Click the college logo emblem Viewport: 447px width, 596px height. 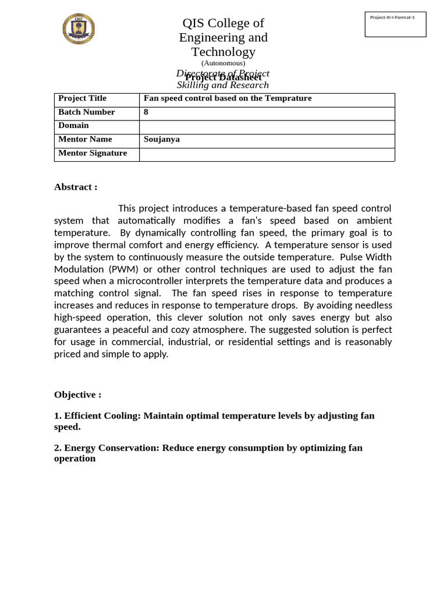tap(79, 29)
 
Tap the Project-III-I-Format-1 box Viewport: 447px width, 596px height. tap(395, 24)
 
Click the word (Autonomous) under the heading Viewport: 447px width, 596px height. tap(223, 63)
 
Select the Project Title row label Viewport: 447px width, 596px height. tap(82, 98)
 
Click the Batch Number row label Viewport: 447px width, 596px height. tap(86, 112)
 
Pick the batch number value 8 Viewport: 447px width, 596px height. tap(146, 112)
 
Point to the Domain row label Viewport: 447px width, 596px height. tap(73, 125)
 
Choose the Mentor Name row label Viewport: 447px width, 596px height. tap(85, 139)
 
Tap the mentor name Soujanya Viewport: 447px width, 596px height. tap(161, 139)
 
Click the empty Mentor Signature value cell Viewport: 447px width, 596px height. tap(267, 155)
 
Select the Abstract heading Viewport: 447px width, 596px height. tap(76, 187)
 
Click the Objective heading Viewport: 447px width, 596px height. tap(77, 395)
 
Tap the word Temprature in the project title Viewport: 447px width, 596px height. tap(288, 98)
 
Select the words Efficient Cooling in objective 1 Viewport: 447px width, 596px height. tap(102, 416)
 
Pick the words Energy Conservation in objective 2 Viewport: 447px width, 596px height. tap(112, 448)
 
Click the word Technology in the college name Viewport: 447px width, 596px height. tap(223, 52)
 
